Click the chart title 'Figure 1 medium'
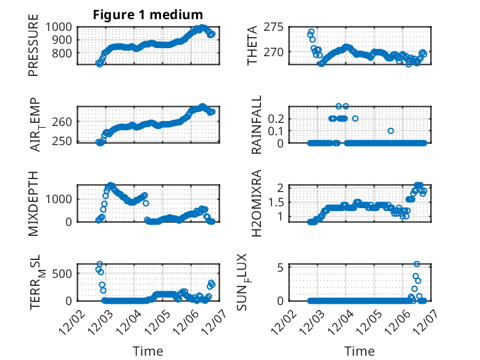coord(147,14)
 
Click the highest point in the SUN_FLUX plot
coord(417,264)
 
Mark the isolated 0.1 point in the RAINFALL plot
coord(391,131)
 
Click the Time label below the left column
coord(148,351)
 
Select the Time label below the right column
coord(360,351)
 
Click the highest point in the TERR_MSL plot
coord(99,264)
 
